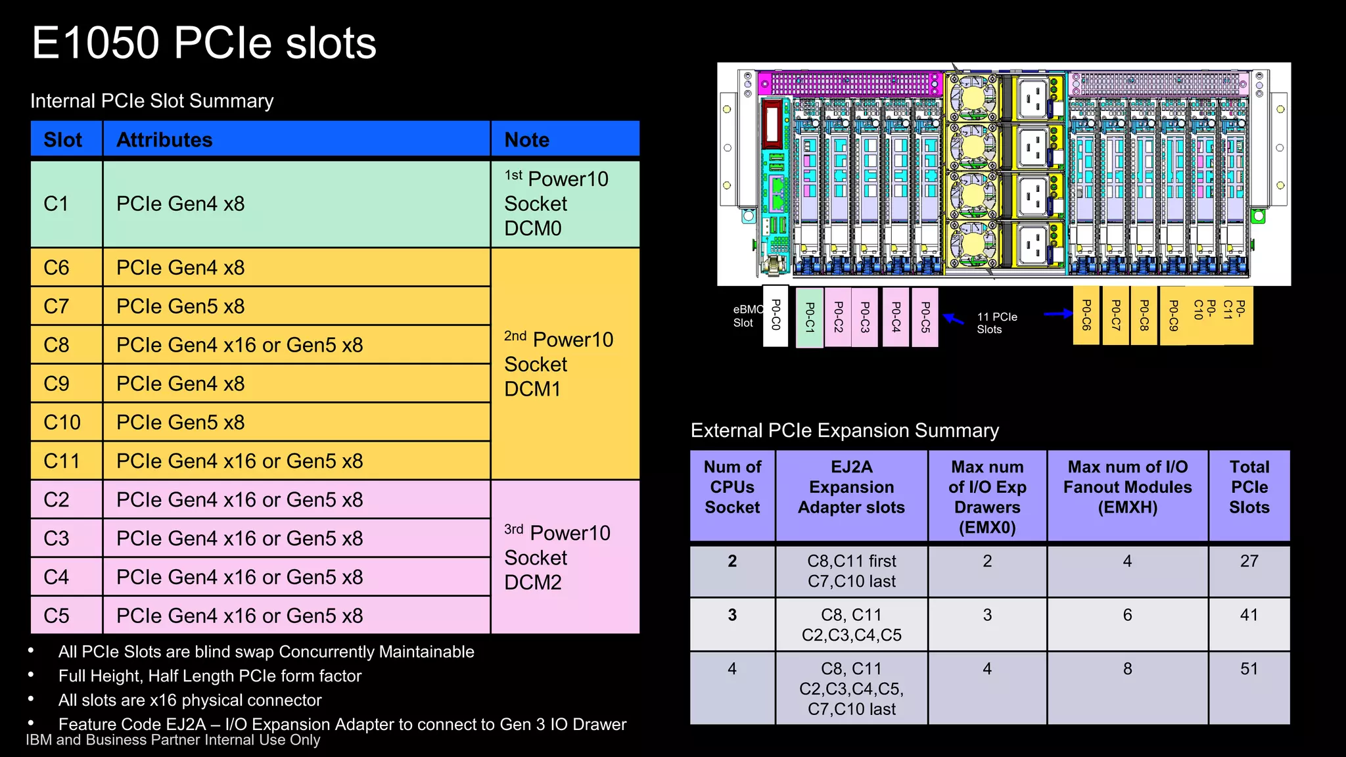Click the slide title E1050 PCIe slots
tap(204, 43)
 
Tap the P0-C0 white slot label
tap(776, 316)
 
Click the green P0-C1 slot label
tap(810, 317)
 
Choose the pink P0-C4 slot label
tap(896, 317)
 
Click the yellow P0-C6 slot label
tap(1086, 315)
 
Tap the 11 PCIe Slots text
tap(996, 323)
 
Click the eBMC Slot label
tap(747, 316)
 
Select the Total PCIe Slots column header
tap(1249, 488)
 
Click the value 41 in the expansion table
tap(1249, 615)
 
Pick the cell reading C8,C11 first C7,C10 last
tap(851, 571)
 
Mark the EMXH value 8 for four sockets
tap(1127, 669)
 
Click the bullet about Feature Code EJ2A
tap(342, 724)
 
